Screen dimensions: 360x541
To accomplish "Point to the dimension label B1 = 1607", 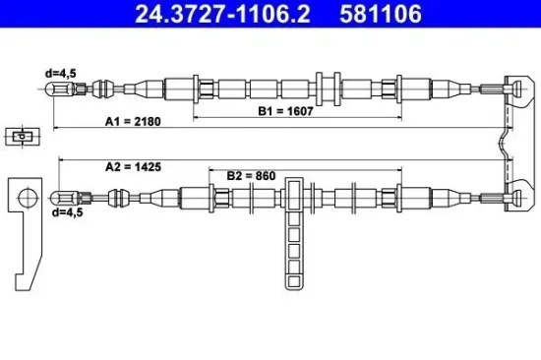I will point(286,111).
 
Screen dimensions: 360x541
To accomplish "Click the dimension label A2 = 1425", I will point(132,167).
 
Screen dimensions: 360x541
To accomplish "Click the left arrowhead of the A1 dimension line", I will point(56,129).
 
